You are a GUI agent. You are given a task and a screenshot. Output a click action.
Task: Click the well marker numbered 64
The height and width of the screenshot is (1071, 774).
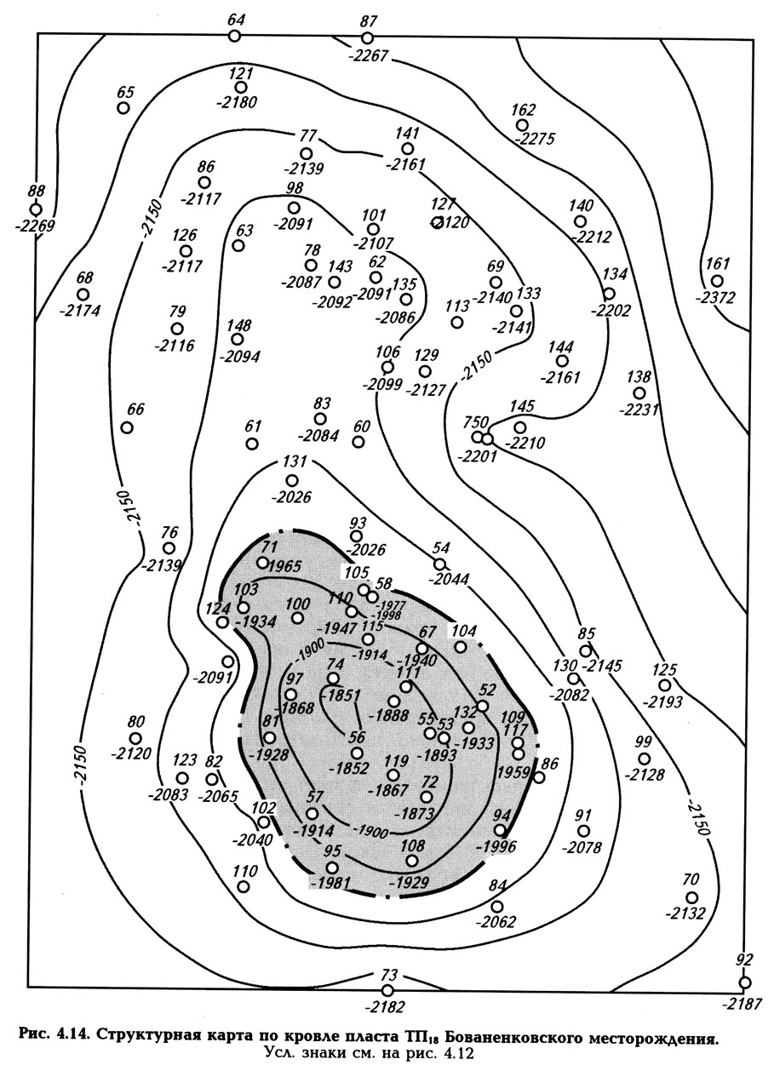[x=235, y=35]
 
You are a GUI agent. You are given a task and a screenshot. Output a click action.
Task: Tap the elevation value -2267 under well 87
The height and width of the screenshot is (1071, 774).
[x=369, y=57]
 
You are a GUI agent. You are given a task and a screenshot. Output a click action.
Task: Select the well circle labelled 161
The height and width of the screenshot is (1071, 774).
[x=717, y=281]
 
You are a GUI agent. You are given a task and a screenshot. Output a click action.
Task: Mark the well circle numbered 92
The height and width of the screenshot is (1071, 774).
[x=745, y=982]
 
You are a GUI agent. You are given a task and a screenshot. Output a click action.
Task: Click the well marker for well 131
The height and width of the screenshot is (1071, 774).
[x=292, y=481]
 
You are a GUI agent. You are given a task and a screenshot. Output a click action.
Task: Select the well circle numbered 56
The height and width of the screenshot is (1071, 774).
[x=357, y=753]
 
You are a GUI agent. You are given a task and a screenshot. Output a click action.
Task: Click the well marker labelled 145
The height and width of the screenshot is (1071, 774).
[x=520, y=427]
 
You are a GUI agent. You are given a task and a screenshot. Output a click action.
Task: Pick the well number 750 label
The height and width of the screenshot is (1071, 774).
[x=474, y=422]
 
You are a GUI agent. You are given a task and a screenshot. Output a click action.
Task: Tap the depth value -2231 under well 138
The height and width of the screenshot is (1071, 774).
[x=639, y=409]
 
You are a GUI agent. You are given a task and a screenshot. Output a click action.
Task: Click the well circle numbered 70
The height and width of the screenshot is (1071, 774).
[x=692, y=897]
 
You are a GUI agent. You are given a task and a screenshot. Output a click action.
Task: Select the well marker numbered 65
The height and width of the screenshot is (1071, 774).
[x=123, y=108]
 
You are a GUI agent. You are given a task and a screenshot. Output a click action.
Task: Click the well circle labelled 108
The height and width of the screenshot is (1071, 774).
[x=412, y=861]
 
